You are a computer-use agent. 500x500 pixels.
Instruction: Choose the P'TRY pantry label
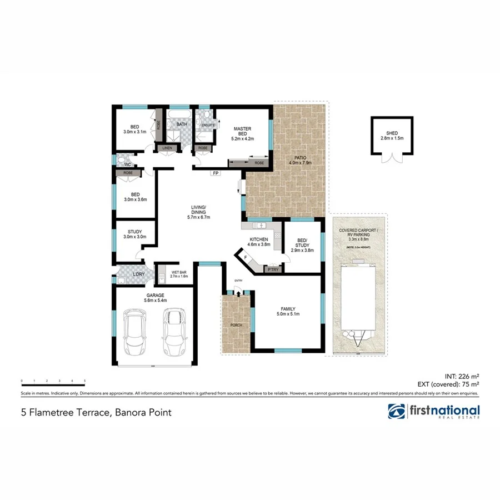click(x=272, y=269)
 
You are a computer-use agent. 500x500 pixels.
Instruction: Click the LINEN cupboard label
click(x=167, y=148)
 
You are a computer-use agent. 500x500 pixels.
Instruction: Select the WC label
click(x=127, y=164)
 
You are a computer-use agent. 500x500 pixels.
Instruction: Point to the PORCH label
click(x=236, y=325)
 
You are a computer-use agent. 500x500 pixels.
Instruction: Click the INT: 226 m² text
click(x=462, y=375)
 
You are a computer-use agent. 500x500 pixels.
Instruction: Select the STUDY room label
click(x=134, y=232)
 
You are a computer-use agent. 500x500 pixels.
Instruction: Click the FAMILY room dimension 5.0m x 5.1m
click(x=288, y=314)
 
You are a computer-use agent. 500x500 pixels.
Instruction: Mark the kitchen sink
click(x=258, y=225)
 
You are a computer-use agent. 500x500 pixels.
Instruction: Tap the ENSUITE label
click(x=208, y=126)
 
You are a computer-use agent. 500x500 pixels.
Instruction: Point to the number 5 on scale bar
click(x=84, y=381)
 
